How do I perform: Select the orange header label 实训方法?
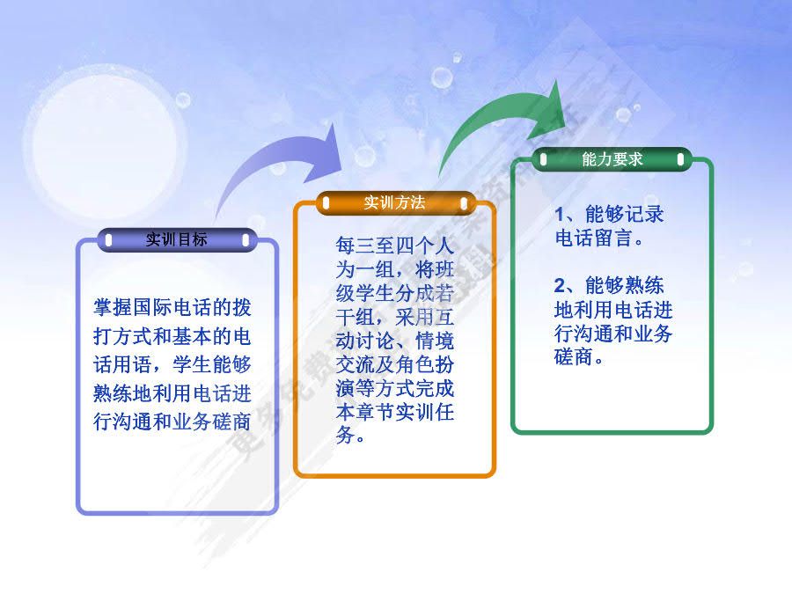click(394, 203)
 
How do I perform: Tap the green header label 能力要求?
click(612, 159)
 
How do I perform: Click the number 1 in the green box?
click(560, 215)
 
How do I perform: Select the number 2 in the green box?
click(560, 286)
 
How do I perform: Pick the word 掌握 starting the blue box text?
click(114, 309)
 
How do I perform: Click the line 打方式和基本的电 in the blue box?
click(172, 337)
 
